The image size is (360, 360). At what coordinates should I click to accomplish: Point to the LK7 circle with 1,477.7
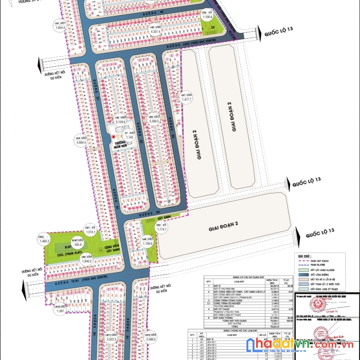pyautogui.click(x=186, y=97)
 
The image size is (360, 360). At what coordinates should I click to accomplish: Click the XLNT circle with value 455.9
pyautogui.click(x=78, y=243)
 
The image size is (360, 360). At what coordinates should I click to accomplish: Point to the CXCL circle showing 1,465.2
pyautogui.click(x=44, y=239)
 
